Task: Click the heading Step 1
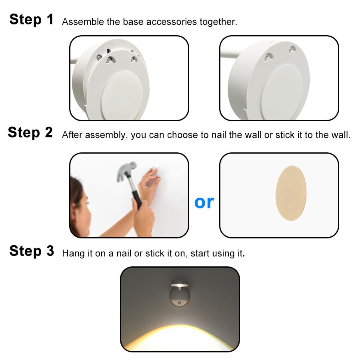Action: coord(31,19)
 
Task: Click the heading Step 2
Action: coord(30,132)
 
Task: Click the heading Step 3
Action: coord(31,251)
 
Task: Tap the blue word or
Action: coord(204,202)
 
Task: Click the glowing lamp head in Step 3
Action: coord(180,284)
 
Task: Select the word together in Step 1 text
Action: coord(220,22)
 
